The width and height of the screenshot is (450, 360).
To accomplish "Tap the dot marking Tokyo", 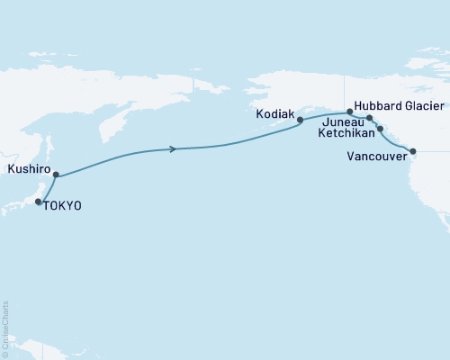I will coord(38,202).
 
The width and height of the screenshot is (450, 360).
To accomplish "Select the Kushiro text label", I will coord(26,168).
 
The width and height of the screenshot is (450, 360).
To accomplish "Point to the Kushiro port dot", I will coord(56,175).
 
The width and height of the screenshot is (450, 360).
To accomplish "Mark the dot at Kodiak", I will coord(300,118).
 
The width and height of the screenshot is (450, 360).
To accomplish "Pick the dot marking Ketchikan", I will coord(380,129).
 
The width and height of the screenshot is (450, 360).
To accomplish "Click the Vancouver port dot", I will coord(413,151).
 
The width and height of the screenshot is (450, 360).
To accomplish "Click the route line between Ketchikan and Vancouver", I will coord(396,141).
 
